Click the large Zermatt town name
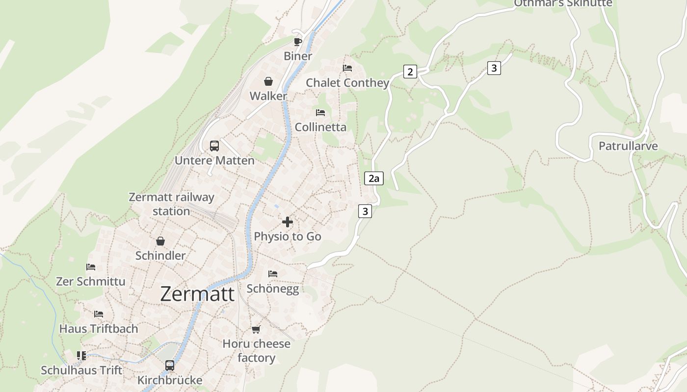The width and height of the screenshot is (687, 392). pos(197,294)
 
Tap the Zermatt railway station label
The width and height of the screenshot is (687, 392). pos(171,204)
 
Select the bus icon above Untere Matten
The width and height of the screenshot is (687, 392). pos(214,146)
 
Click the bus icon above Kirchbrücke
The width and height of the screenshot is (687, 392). pos(169,365)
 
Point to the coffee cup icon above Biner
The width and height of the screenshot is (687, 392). pos(297,41)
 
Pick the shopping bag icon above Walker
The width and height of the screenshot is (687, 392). pos(268,81)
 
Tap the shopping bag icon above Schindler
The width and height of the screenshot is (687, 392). pos(160,241)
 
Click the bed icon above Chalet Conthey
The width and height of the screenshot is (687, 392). pos(347,68)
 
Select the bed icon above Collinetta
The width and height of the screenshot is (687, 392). pos(320,113)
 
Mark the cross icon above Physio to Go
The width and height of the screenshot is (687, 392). pos(288,222)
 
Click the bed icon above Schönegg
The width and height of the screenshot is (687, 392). pos(273,273)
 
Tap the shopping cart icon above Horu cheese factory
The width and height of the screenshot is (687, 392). pos(256,329)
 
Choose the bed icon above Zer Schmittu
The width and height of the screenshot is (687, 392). pos(91,267)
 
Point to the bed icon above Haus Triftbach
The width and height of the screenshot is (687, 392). pos(99,314)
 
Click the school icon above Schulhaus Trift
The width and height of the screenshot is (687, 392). pos(81,355)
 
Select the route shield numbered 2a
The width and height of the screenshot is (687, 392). pos(374,178)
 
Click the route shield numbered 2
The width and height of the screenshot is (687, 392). pos(410,72)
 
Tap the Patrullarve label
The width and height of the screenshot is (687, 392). pos(628,146)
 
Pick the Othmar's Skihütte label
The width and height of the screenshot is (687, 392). pos(563,3)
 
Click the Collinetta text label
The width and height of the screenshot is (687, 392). pos(320,127)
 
